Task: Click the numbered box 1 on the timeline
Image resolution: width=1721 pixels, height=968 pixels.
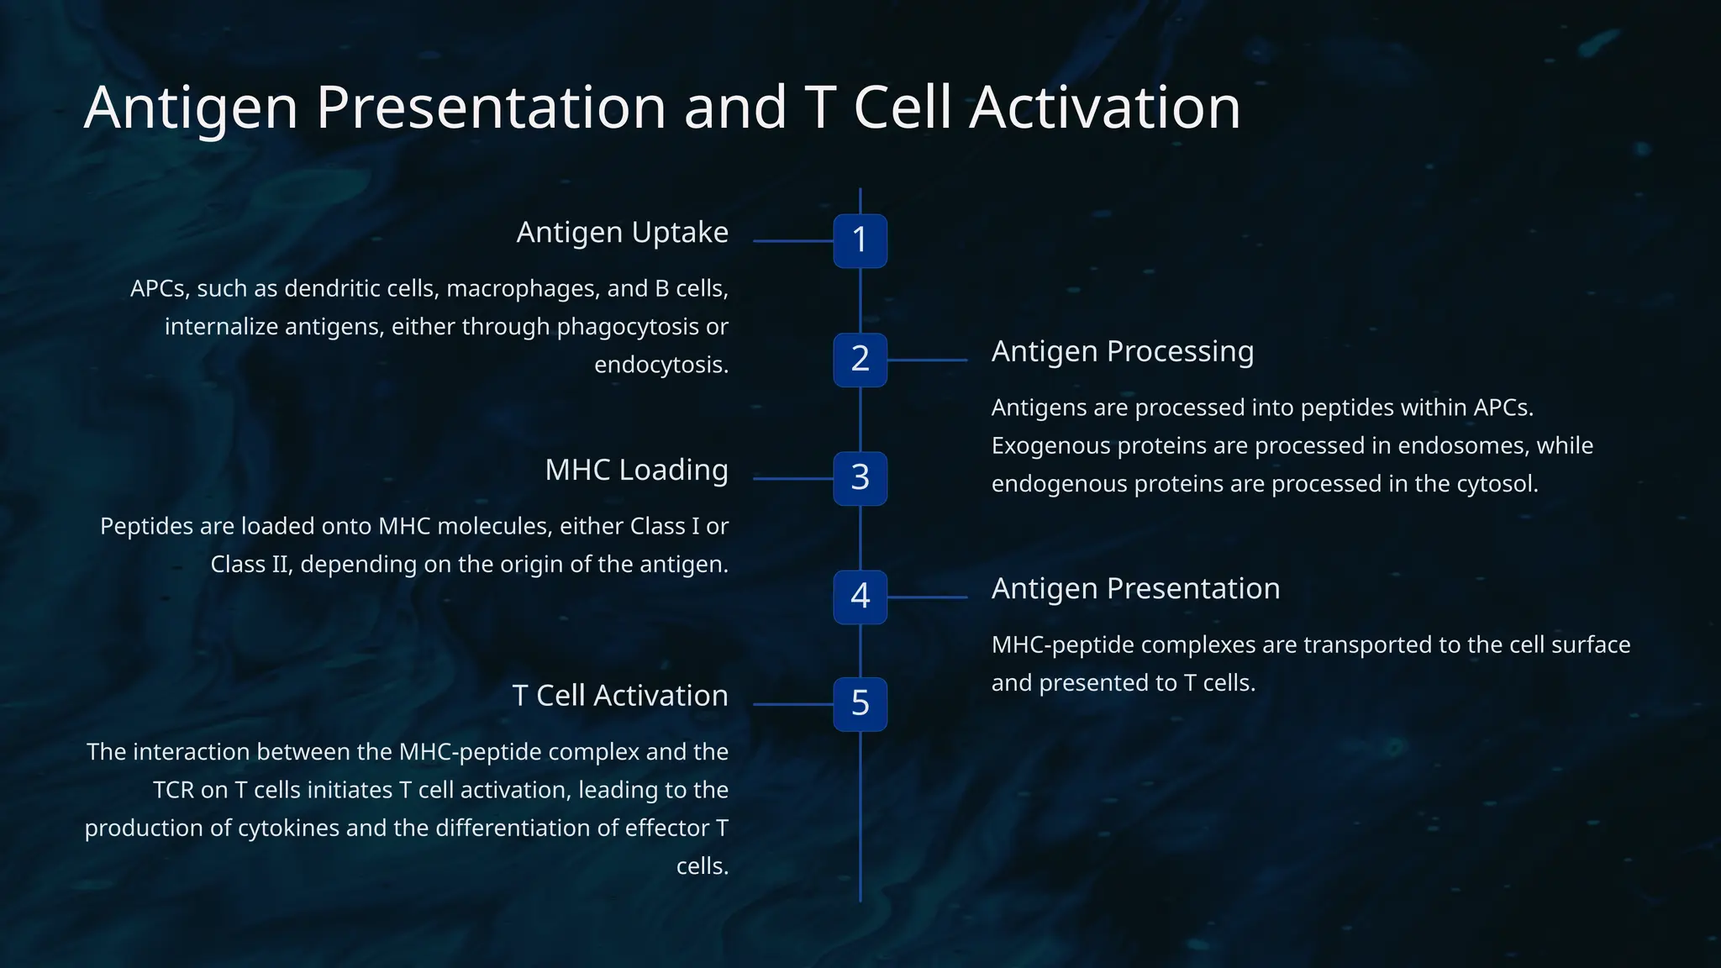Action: [x=860, y=241]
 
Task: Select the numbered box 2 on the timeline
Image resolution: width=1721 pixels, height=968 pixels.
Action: [x=860, y=360]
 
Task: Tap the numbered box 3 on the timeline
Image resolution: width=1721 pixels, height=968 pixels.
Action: [x=860, y=478]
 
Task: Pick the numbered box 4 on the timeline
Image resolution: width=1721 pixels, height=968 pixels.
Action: [x=860, y=597]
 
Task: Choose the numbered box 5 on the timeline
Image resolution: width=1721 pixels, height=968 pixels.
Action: [x=860, y=704]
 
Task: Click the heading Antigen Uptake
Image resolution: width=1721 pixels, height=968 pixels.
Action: [x=622, y=233]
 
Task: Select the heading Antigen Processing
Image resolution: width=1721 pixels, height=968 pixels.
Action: [x=1122, y=351]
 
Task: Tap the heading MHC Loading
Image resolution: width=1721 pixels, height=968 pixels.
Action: [x=636, y=471]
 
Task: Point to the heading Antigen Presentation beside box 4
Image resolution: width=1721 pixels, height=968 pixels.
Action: [x=1135, y=589]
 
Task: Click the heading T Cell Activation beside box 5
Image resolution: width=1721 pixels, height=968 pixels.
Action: [x=620, y=696]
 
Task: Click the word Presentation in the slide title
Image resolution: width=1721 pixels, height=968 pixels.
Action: [x=491, y=108]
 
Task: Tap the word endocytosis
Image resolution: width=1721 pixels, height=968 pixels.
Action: [x=660, y=365]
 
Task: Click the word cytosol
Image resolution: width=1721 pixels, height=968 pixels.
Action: [x=1495, y=484]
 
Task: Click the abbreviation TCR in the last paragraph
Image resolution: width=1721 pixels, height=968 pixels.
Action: [x=173, y=790]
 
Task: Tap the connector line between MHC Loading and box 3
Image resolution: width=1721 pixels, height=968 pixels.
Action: [x=792, y=478]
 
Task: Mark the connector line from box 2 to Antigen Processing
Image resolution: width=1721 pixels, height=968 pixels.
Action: [x=927, y=360]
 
